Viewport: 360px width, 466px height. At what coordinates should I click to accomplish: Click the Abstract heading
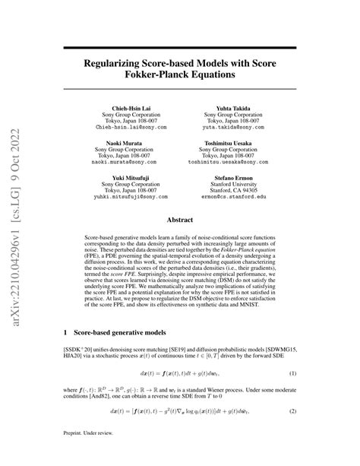pos(179,220)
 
